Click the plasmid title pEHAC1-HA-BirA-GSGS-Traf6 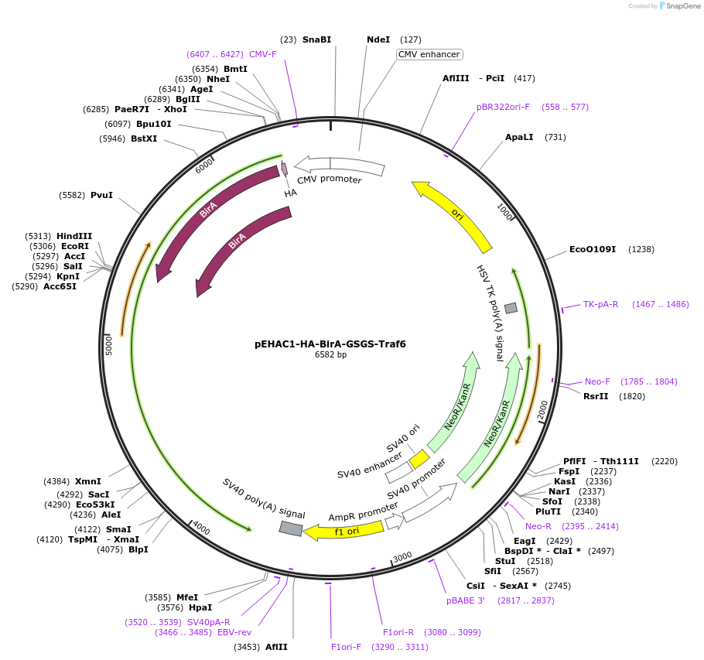coord(330,344)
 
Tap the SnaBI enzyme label coord(316,39)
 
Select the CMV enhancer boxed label coord(429,55)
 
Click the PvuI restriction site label coord(101,195)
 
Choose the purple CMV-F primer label coord(262,54)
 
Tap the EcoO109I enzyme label coord(592,250)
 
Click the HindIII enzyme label coord(74,236)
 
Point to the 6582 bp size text coord(330,355)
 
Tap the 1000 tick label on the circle coord(504,212)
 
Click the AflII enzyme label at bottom coord(276,647)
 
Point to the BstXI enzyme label coord(144,139)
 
